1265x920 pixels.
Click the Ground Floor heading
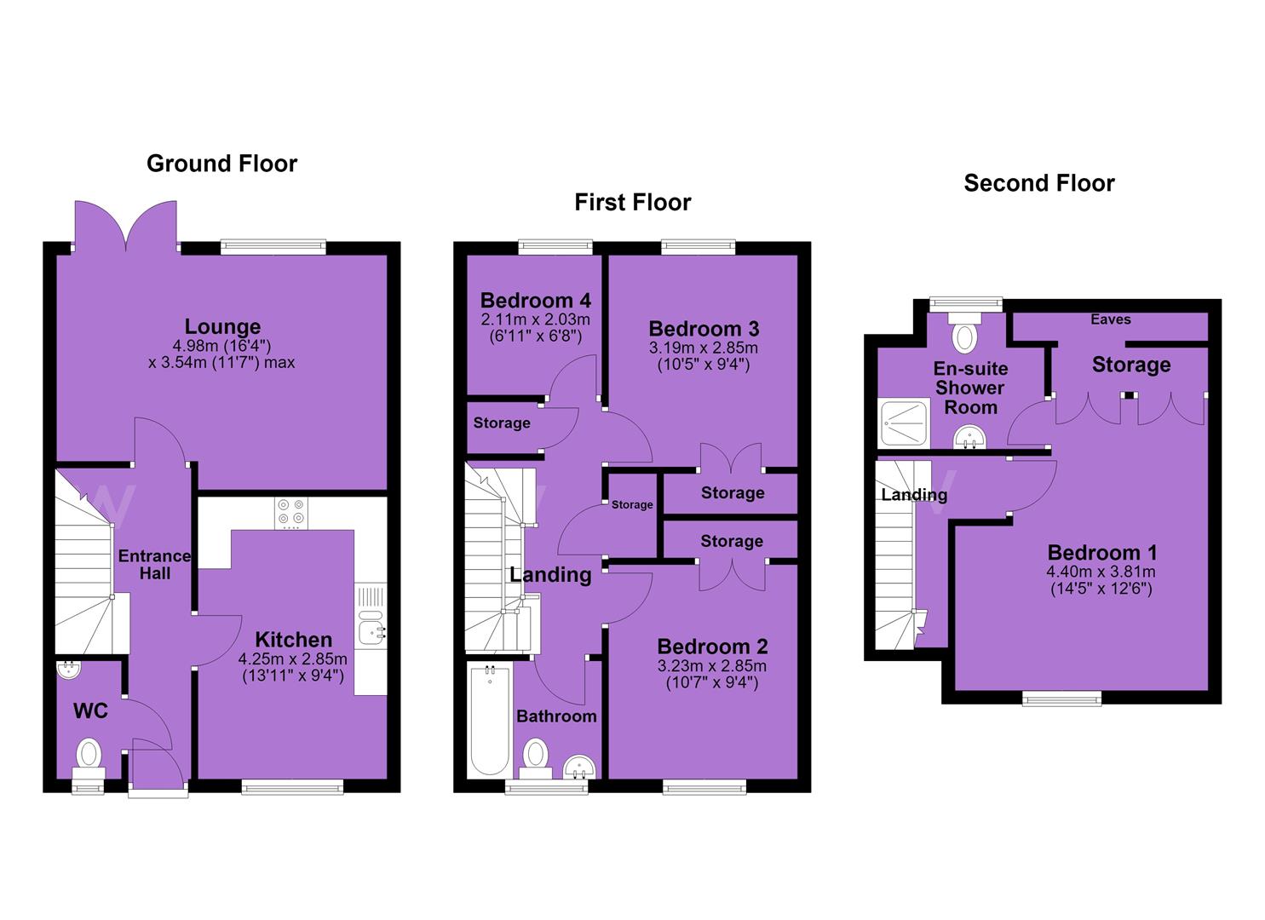click(222, 164)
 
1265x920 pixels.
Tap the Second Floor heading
click(1039, 183)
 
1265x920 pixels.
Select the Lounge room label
click(222, 326)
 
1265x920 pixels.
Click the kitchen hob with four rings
click(291, 513)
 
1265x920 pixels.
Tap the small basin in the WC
click(70, 670)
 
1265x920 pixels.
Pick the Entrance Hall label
click(155, 564)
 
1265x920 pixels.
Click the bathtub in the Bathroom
click(490, 721)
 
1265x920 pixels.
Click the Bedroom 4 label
click(535, 301)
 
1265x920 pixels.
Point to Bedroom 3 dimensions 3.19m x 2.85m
click(704, 348)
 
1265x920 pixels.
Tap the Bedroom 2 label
click(713, 646)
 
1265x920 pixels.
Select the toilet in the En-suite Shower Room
click(965, 334)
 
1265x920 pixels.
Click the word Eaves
click(1111, 319)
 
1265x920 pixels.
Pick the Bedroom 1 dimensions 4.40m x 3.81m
click(1101, 572)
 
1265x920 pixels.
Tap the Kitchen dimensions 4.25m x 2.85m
click(292, 658)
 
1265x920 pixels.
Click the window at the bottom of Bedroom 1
click(1061, 699)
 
